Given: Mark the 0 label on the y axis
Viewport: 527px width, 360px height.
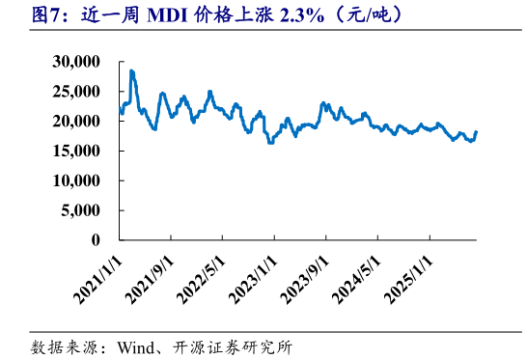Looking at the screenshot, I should tap(97, 240).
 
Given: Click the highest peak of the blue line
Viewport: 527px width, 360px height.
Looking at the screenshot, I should tap(131, 70).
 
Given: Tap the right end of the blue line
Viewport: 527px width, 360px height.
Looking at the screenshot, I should tap(477, 132).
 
